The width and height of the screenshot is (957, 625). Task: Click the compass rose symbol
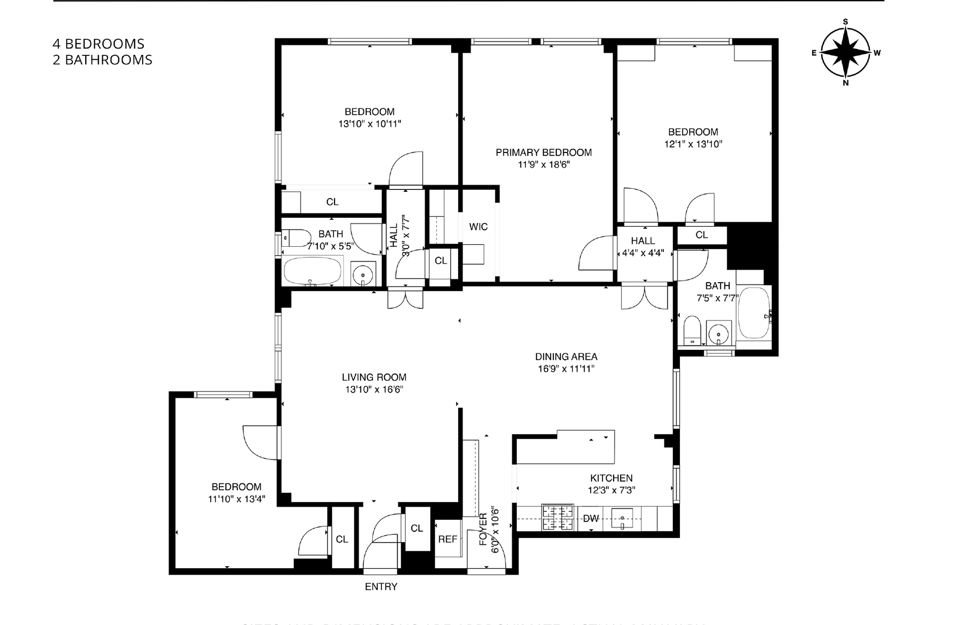pyautogui.click(x=845, y=52)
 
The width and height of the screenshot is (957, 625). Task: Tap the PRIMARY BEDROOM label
pyautogui.click(x=543, y=153)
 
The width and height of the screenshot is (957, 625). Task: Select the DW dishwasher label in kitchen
pyautogui.click(x=591, y=518)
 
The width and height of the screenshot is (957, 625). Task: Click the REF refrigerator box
pyautogui.click(x=448, y=539)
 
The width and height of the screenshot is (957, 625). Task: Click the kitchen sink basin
pyautogui.click(x=622, y=518)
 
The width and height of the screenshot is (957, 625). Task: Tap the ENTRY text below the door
pyautogui.click(x=381, y=587)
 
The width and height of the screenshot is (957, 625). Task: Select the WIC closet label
pyautogui.click(x=478, y=227)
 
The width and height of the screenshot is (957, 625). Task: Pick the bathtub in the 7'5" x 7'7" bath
pyautogui.click(x=754, y=313)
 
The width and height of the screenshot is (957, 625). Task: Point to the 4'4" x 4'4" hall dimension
pyautogui.click(x=643, y=253)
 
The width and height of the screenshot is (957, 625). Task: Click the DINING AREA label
pyautogui.click(x=566, y=357)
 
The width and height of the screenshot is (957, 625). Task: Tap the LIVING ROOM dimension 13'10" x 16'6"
pyautogui.click(x=374, y=390)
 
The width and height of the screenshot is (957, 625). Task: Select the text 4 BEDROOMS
pyautogui.click(x=99, y=44)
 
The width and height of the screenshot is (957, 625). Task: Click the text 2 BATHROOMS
pyautogui.click(x=103, y=60)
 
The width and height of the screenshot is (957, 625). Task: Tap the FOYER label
pyautogui.click(x=483, y=529)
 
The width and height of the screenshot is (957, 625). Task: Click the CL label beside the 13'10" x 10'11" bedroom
pyautogui.click(x=332, y=202)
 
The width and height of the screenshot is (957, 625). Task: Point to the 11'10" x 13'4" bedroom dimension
pyautogui.click(x=236, y=499)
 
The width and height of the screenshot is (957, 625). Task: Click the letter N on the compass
pyautogui.click(x=845, y=83)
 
